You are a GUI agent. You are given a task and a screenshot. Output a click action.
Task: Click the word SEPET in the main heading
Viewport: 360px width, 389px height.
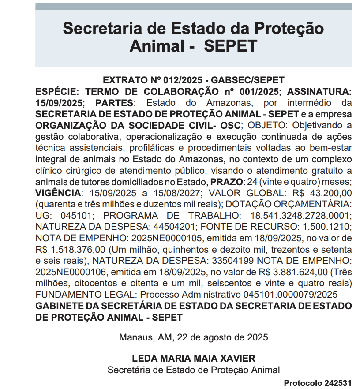(230, 46)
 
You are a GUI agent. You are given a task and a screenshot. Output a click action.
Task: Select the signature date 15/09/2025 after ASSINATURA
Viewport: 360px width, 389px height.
(59, 103)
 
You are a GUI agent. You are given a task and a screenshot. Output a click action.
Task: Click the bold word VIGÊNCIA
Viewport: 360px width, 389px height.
(59, 193)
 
